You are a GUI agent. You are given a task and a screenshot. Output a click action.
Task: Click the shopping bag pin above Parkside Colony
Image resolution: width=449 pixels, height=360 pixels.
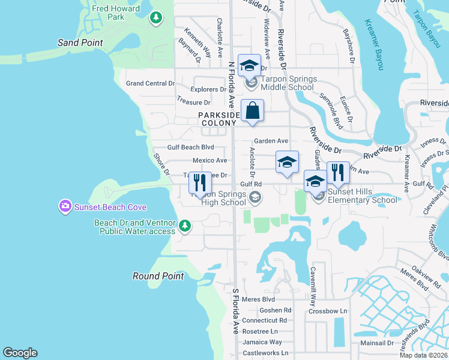click(253, 111)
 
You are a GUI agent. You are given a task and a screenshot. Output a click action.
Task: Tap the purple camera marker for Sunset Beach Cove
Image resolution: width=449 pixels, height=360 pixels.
click(65, 207)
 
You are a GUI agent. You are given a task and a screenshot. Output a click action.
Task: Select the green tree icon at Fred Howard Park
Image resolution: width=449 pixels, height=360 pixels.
click(156, 17)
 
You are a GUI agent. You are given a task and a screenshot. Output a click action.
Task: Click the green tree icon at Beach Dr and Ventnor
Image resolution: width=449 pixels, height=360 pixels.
click(185, 226)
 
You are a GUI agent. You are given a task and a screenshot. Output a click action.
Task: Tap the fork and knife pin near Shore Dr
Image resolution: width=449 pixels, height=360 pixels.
click(199, 184)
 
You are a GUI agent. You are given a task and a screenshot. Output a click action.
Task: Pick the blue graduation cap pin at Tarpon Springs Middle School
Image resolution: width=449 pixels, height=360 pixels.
click(249, 65)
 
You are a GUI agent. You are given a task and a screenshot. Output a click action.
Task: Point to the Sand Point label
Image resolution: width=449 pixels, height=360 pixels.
click(80, 43)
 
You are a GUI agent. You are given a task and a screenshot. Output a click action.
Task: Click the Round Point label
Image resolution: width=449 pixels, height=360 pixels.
click(158, 276)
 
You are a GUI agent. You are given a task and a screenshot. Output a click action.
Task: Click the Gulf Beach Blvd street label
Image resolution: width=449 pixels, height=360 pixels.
click(190, 147)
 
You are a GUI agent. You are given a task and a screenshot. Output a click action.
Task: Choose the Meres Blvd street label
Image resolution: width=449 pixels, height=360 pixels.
click(259, 299)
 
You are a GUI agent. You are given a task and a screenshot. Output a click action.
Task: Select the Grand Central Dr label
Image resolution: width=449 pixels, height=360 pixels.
click(150, 83)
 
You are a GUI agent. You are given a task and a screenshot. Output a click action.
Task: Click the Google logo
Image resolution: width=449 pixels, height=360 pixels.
click(20, 353)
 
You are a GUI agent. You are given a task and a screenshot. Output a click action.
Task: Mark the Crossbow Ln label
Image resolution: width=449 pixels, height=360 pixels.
click(328, 311)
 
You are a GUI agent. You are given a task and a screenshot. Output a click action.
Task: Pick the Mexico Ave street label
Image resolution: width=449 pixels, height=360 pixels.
click(209, 161)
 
